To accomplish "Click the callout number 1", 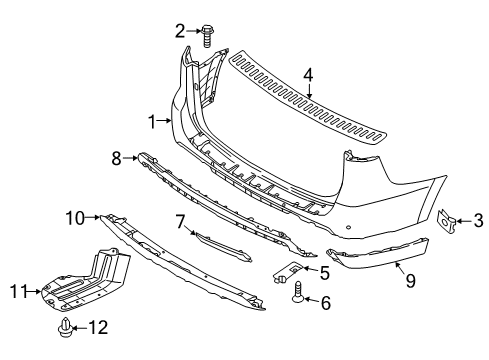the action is (x=152, y=122).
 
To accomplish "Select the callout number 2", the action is (x=180, y=31).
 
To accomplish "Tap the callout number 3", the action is (x=478, y=221).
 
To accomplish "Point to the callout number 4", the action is (x=308, y=75).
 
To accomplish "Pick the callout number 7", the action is (x=180, y=222).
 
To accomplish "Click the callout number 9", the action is (x=410, y=281).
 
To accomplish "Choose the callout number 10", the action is (x=75, y=218).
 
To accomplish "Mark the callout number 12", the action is (x=98, y=327).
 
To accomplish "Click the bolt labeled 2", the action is (x=207, y=37).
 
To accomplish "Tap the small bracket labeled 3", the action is (x=446, y=221).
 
